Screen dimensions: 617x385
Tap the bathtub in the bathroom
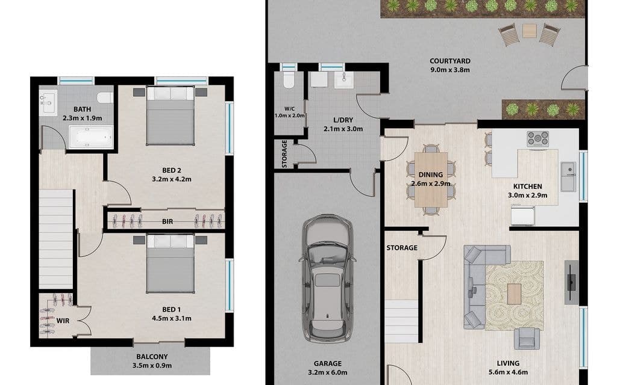92,137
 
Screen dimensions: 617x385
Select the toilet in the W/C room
289,81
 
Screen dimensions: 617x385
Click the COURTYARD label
449,61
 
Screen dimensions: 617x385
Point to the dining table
431,179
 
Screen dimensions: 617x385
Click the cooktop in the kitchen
538,139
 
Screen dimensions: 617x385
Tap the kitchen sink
568,177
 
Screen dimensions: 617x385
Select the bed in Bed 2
171,115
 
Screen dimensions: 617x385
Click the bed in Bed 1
171,263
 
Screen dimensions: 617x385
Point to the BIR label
168,221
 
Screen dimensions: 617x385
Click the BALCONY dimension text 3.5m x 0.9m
152,365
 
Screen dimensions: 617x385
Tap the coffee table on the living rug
514,294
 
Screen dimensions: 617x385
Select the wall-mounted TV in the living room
571,282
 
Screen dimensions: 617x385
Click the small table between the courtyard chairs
530,31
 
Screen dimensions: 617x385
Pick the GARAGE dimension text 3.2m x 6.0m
327,372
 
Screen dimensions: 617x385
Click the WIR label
63,321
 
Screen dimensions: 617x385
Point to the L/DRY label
343,120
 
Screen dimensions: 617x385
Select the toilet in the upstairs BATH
105,98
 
